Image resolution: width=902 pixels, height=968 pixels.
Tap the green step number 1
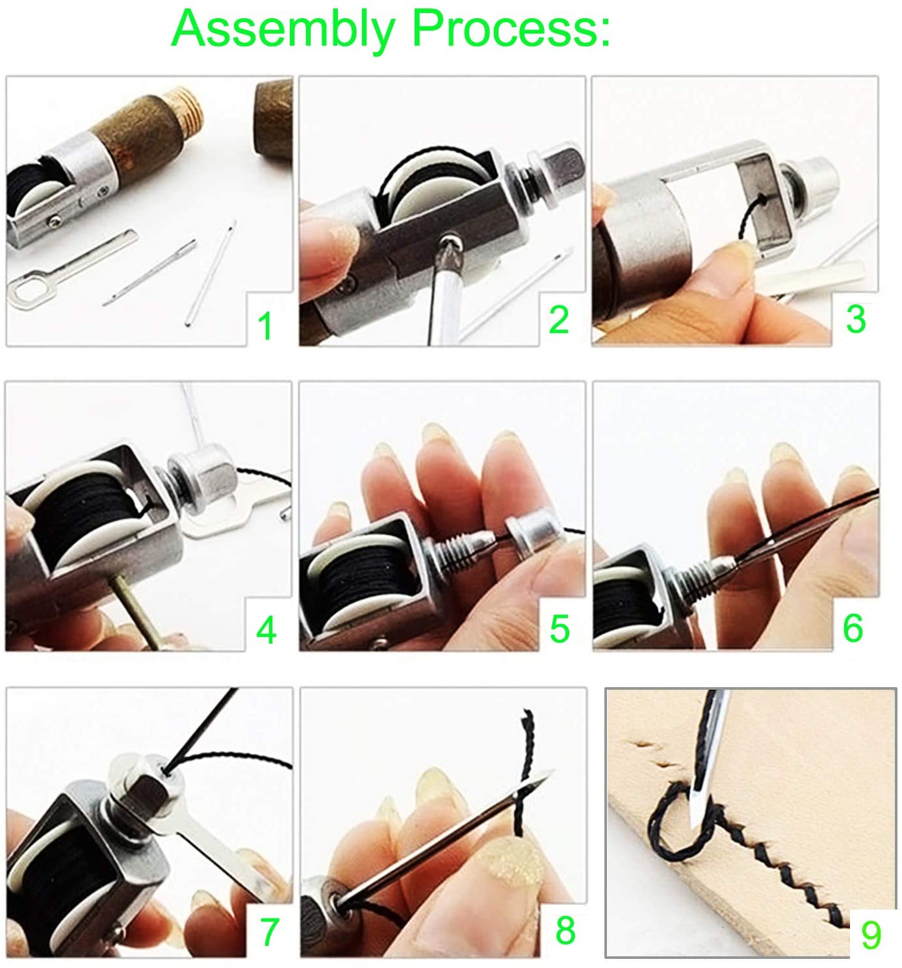[x=265, y=326]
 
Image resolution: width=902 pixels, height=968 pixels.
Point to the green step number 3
[x=856, y=319]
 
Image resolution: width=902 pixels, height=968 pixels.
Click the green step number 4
[x=266, y=630]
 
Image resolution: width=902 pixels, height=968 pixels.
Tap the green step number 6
[x=853, y=629]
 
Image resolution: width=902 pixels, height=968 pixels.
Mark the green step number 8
[x=565, y=930]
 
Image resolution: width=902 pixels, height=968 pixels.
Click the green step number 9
[x=871, y=935]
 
